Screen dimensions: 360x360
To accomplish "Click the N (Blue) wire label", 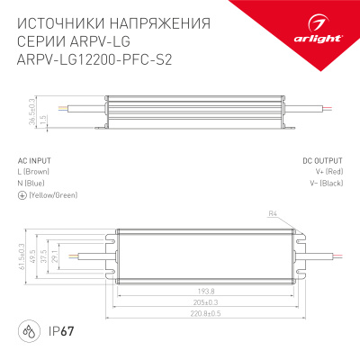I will click(32, 183).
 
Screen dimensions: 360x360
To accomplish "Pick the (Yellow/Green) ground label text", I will click(53, 194).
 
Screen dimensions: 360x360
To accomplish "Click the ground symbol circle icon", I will click(22, 194).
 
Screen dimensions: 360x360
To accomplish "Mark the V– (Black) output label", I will click(327, 183).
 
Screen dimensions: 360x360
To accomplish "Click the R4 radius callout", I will click(273, 213).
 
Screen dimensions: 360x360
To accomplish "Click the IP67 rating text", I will click(58, 328).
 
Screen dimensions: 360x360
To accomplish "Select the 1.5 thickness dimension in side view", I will click(43, 120).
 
